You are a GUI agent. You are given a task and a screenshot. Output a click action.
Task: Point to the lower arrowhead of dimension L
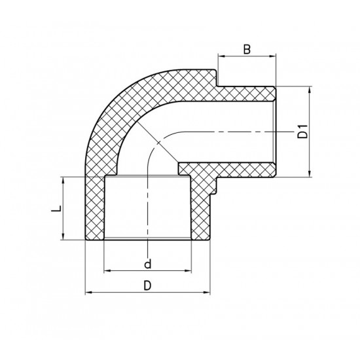pyautogui.click(x=63, y=239)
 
